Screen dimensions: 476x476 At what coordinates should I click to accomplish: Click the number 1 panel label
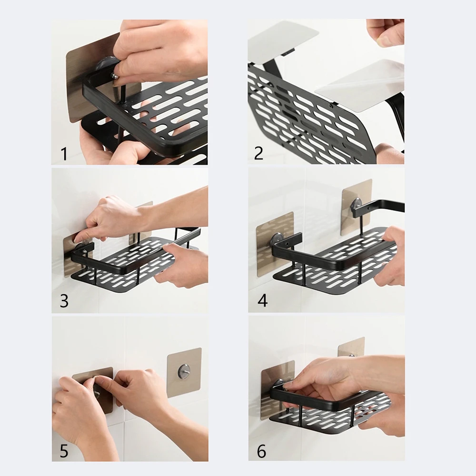[x=64, y=154]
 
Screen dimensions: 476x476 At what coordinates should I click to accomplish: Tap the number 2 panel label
[x=258, y=153]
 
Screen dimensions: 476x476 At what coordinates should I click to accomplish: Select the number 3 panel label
[x=64, y=301]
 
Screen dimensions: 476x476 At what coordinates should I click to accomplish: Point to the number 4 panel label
[x=262, y=301]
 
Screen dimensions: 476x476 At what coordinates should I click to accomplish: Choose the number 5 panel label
[x=64, y=450]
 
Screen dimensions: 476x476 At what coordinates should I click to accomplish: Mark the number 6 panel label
[x=261, y=450]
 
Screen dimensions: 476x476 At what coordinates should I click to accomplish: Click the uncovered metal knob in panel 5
[x=183, y=370]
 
